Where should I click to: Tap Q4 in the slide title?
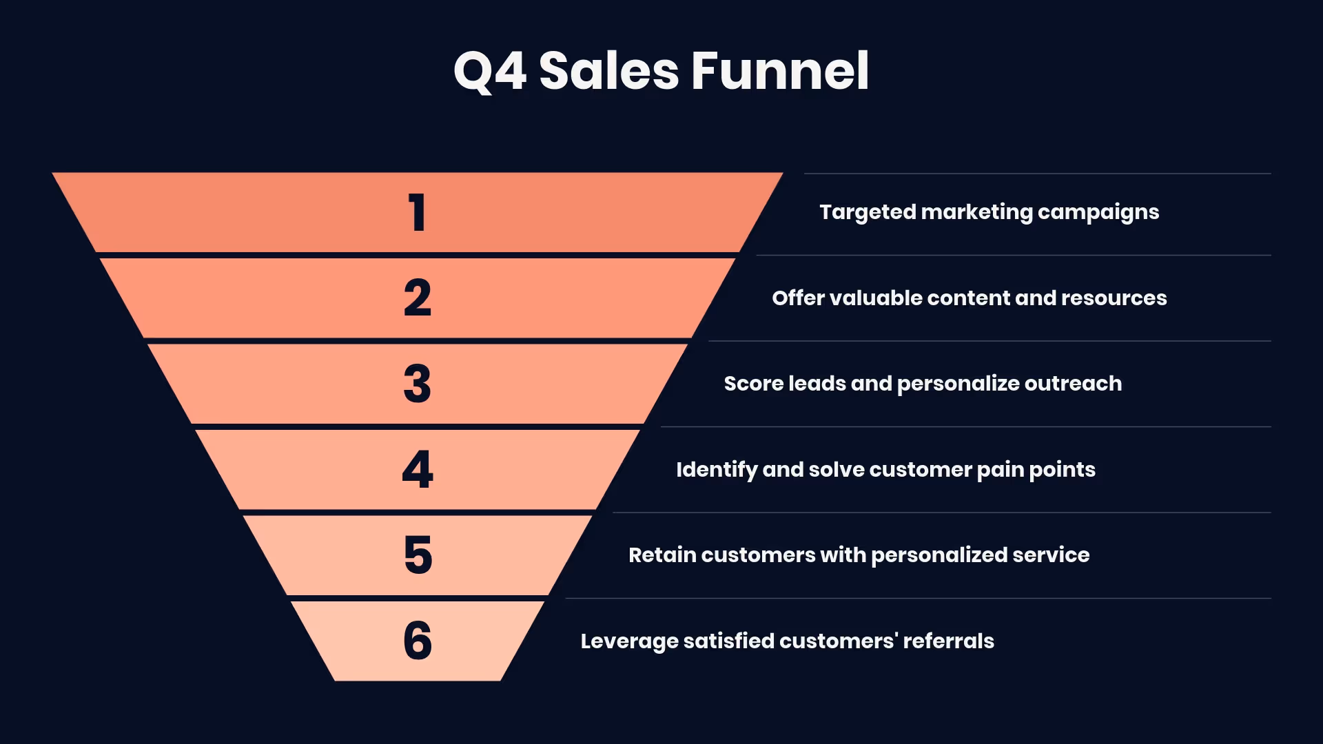pos(490,71)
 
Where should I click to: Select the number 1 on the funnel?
pos(417,212)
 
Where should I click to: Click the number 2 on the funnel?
pos(418,298)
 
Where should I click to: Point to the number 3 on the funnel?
pos(418,384)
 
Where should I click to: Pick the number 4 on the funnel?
pos(418,470)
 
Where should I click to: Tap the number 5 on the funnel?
pos(418,555)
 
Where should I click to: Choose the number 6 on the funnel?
pos(418,641)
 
